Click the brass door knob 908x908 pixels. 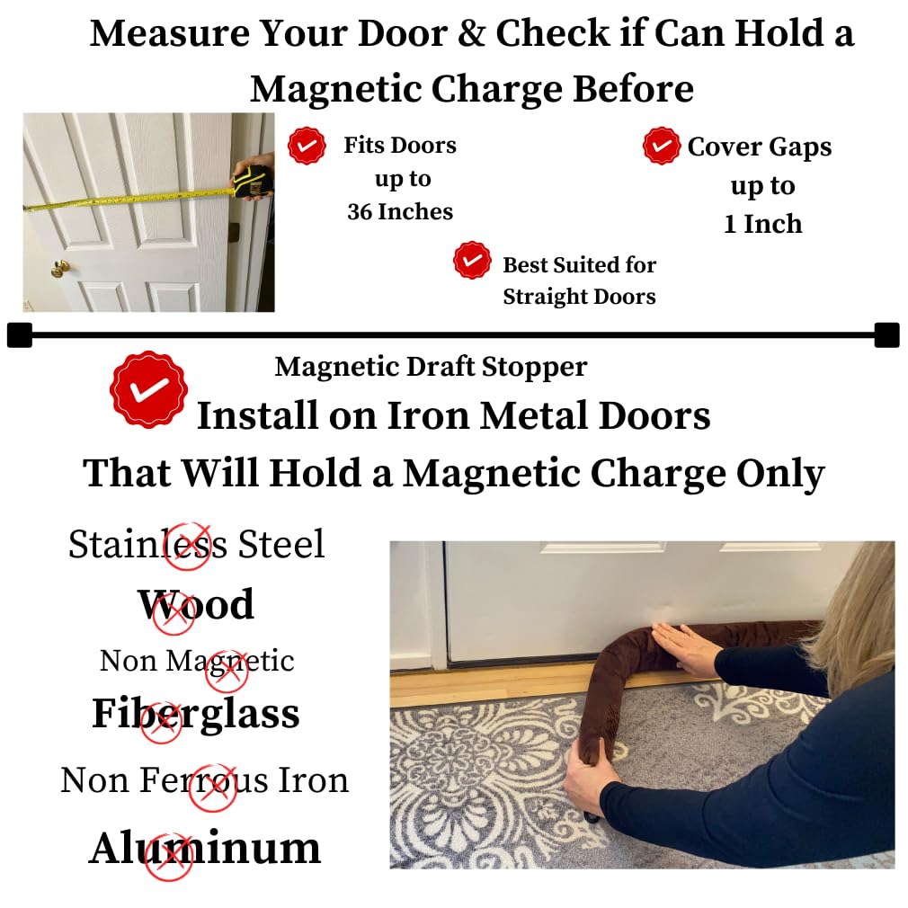[59, 268]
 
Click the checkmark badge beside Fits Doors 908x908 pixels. [307, 146]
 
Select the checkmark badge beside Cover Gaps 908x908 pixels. [662, 146]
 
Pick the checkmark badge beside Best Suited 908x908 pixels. [472, 260]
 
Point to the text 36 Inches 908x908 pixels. [400, 211]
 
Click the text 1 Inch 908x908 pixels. [762, 224]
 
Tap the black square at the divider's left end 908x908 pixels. [19, 335]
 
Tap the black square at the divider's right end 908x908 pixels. [886, 335]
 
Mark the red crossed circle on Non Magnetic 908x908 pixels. [226, 671]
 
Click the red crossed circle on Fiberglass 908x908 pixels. [162, 723]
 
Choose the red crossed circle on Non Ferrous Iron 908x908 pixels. [213, 788]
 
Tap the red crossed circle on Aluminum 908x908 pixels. [169, 857]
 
